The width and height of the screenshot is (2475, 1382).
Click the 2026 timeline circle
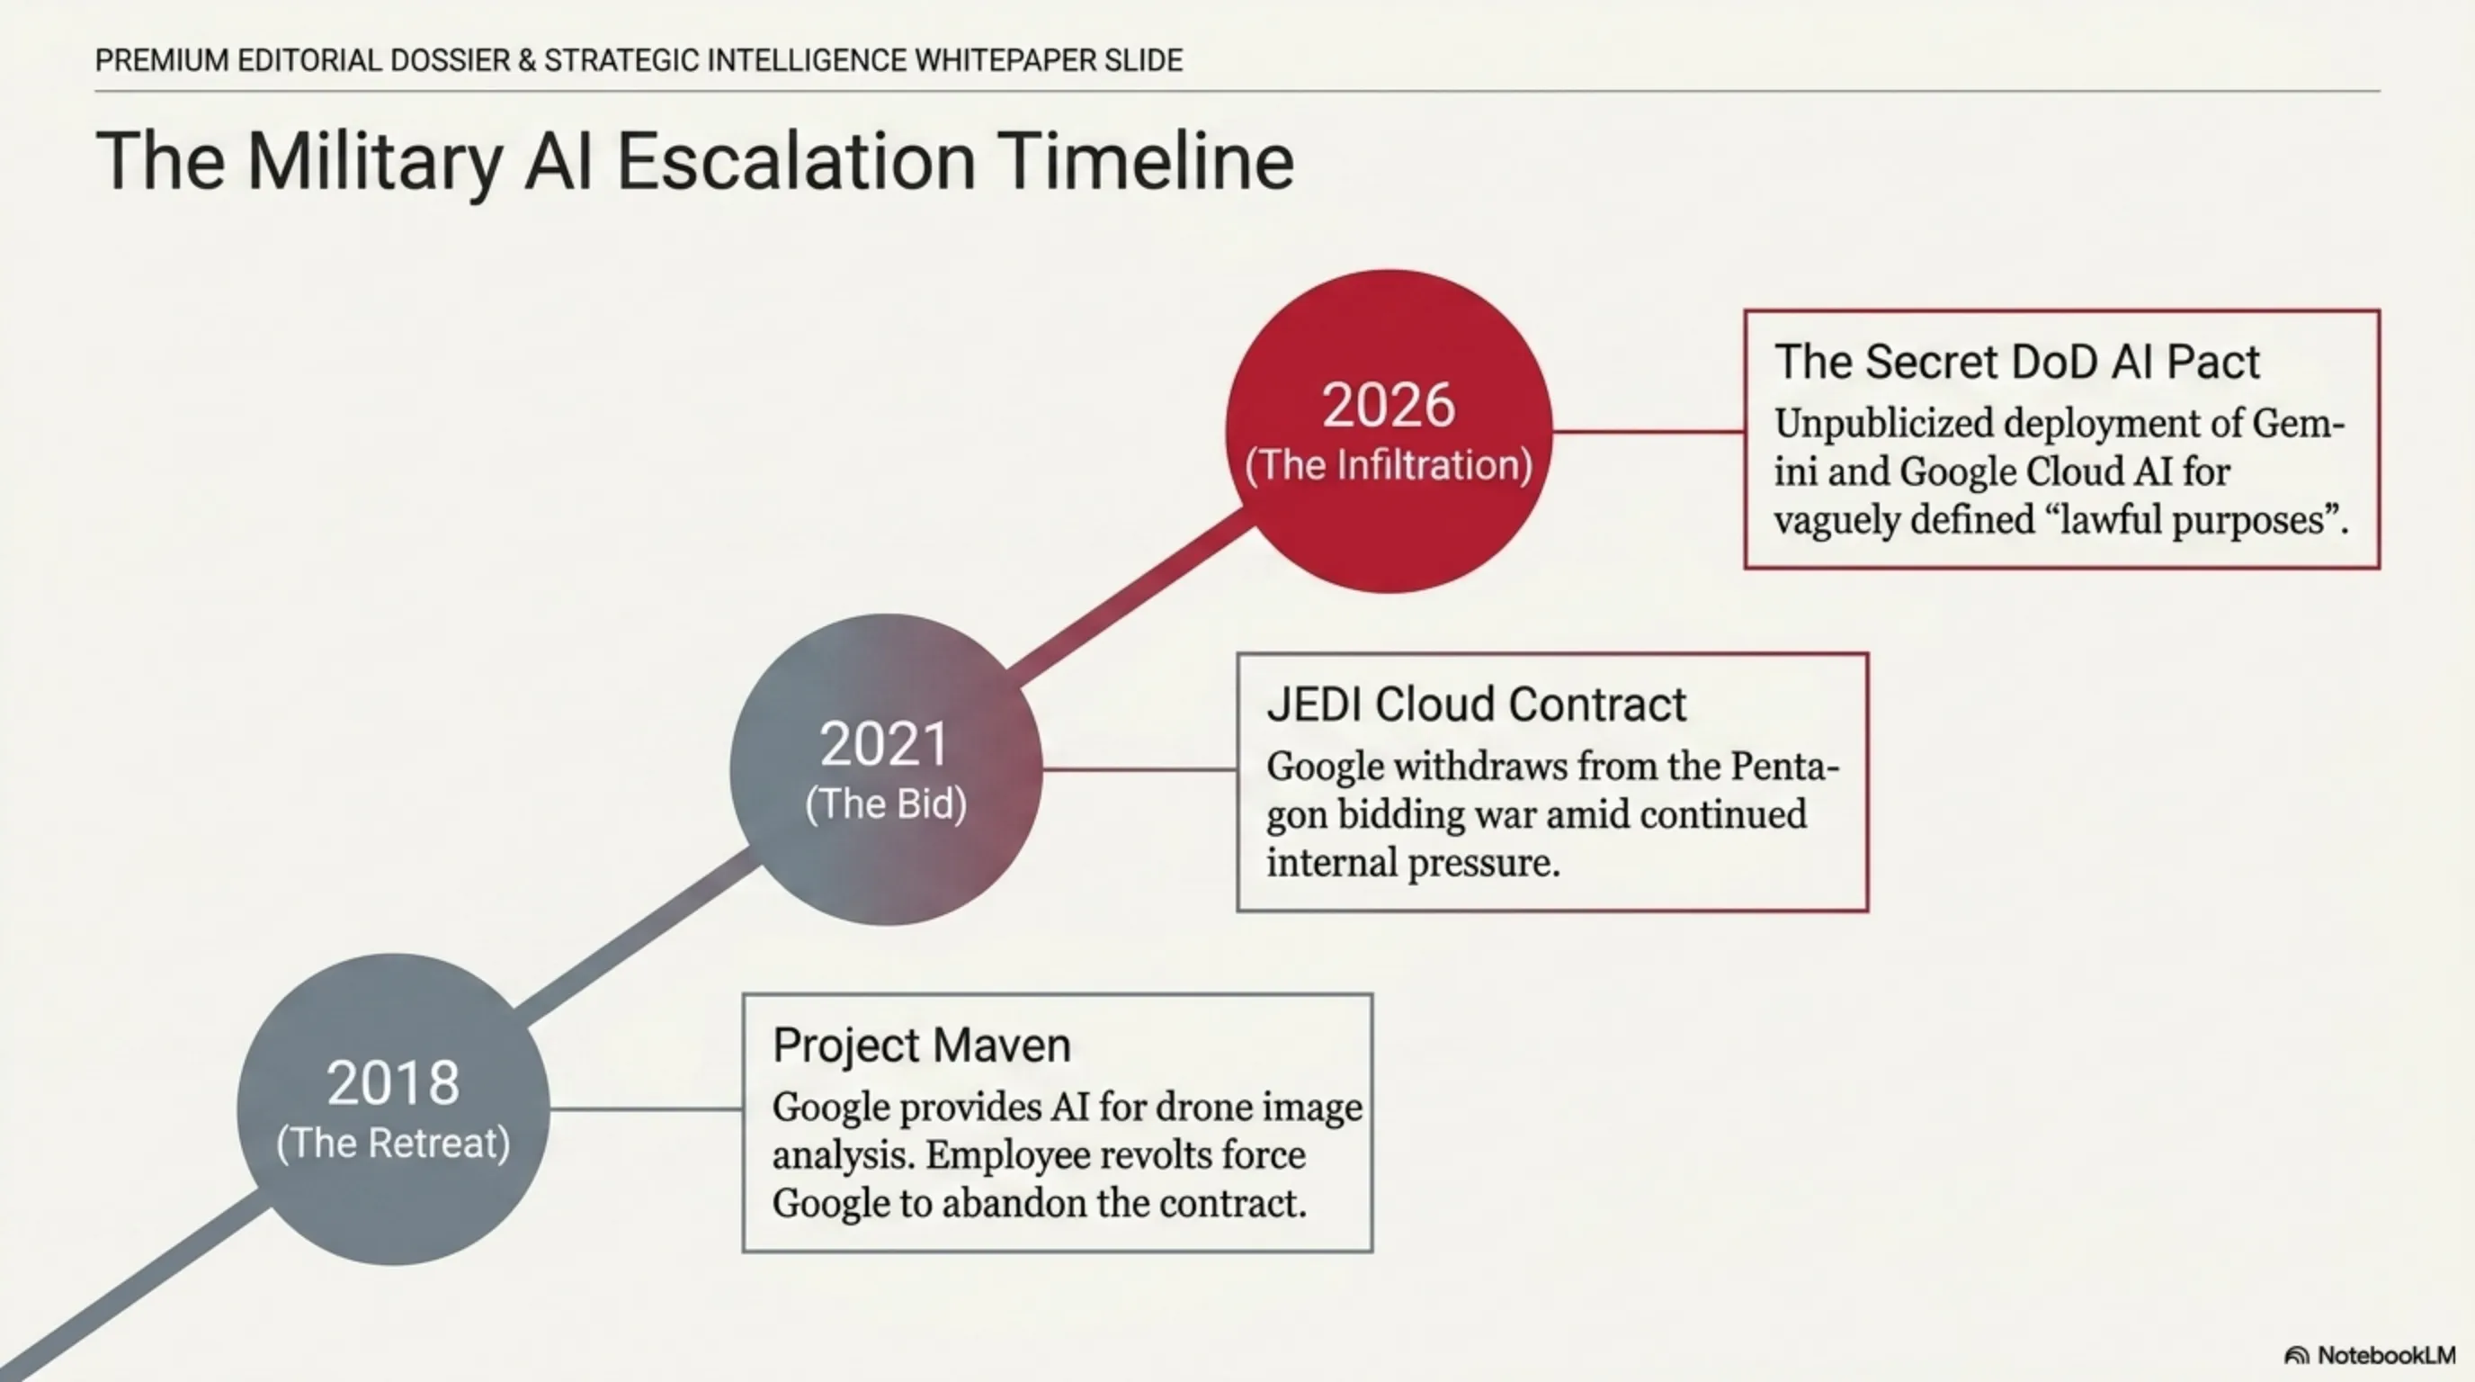click(1389, 432)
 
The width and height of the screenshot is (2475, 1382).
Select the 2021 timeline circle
click(886, 770)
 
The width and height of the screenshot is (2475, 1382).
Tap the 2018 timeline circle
click(393, 1109)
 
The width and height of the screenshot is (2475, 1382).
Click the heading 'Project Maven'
click(922, 1045)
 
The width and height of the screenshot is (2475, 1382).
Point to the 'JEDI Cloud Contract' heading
click(1476, 704)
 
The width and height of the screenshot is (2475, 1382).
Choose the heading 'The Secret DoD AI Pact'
click(2016, 363)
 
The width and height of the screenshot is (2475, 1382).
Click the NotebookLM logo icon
click(2296, 1356)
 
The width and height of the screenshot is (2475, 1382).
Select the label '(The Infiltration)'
click(1389, 465)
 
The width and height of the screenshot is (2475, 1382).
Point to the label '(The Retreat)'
click(393, 1144)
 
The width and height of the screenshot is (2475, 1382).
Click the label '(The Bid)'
click(886, 804)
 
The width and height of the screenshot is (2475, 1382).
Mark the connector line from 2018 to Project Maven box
click(647, 1109)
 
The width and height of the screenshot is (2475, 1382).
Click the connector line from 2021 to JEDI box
click(1140, 769)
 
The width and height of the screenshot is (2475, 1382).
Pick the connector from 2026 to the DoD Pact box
click(1649, 432)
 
